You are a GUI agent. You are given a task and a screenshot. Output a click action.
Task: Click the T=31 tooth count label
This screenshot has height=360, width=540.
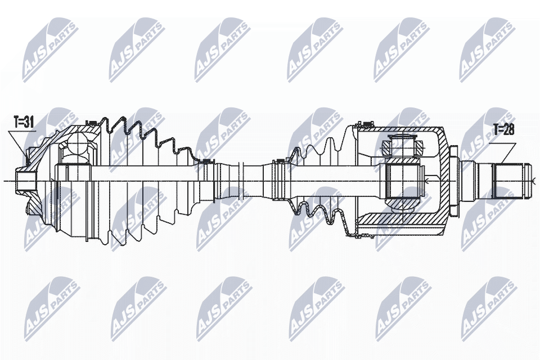click(24, 122)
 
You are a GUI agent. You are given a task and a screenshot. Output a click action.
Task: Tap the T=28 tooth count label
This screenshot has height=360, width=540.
click(503, 130)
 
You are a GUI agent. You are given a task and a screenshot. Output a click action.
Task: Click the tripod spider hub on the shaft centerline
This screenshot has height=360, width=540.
click(403, 181)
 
